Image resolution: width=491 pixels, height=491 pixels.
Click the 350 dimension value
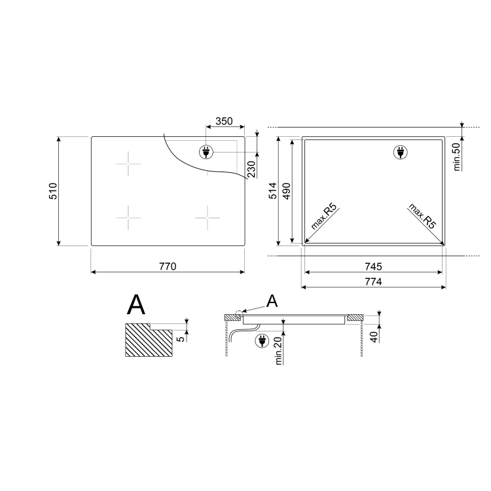click(225, 121)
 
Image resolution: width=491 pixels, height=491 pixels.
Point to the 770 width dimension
click(168, 266)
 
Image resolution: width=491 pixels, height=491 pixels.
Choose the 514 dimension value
click(272, 191)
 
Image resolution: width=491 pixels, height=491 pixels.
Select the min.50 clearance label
click(458, 156)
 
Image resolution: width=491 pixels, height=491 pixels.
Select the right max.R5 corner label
click(422, 216)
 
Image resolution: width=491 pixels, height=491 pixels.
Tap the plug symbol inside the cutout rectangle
click(399, 153)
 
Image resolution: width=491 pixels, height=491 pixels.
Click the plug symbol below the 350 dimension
click(206, 153)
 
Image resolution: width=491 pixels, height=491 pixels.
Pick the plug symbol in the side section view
click(263, 340)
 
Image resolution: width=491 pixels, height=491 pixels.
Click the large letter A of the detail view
click(136, 305)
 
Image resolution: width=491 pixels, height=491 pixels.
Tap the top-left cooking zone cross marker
click(130, 164)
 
